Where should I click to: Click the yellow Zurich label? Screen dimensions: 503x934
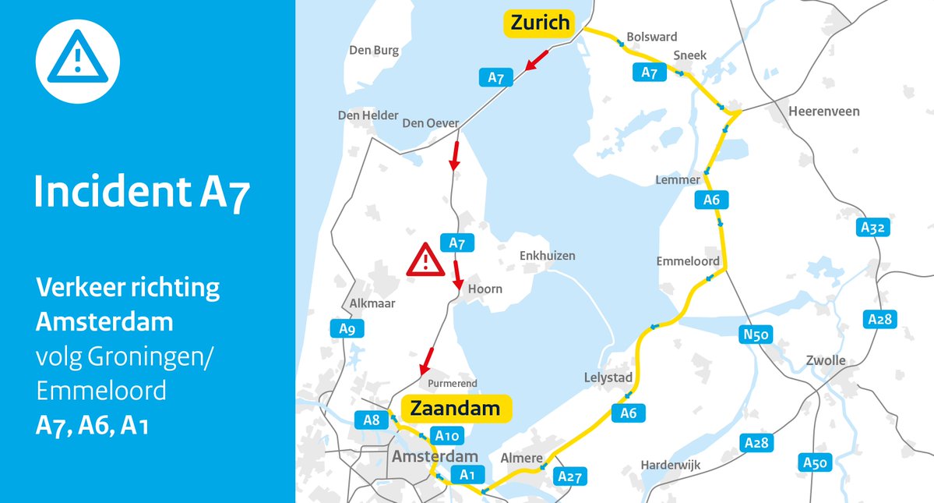tap(540, 23)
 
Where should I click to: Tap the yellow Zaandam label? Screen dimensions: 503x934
tap(456, 409)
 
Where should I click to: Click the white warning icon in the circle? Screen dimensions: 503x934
tap(78, 61)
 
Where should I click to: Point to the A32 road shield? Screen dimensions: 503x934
tap(873, 228)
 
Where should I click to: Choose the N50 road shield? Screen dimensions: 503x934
tap(755, 335)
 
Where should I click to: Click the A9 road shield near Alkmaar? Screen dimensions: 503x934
tap(347, 329)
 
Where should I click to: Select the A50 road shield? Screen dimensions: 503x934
tap(815, 463)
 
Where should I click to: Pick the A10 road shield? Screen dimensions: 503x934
tap(449, 436)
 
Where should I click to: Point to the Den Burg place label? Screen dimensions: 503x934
tap(374, 51)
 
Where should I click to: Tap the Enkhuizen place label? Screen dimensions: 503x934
tap(547, 256)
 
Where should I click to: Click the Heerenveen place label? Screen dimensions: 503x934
tap(824, 112)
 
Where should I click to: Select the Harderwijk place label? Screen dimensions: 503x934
tap(671, 466)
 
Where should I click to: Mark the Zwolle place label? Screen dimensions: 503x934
tap(826, 360)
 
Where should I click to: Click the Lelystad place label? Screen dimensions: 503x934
tap(608, 377)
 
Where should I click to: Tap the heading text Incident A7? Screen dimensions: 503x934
tap(143, 193)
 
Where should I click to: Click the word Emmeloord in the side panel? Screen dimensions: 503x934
tap(101, 390)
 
